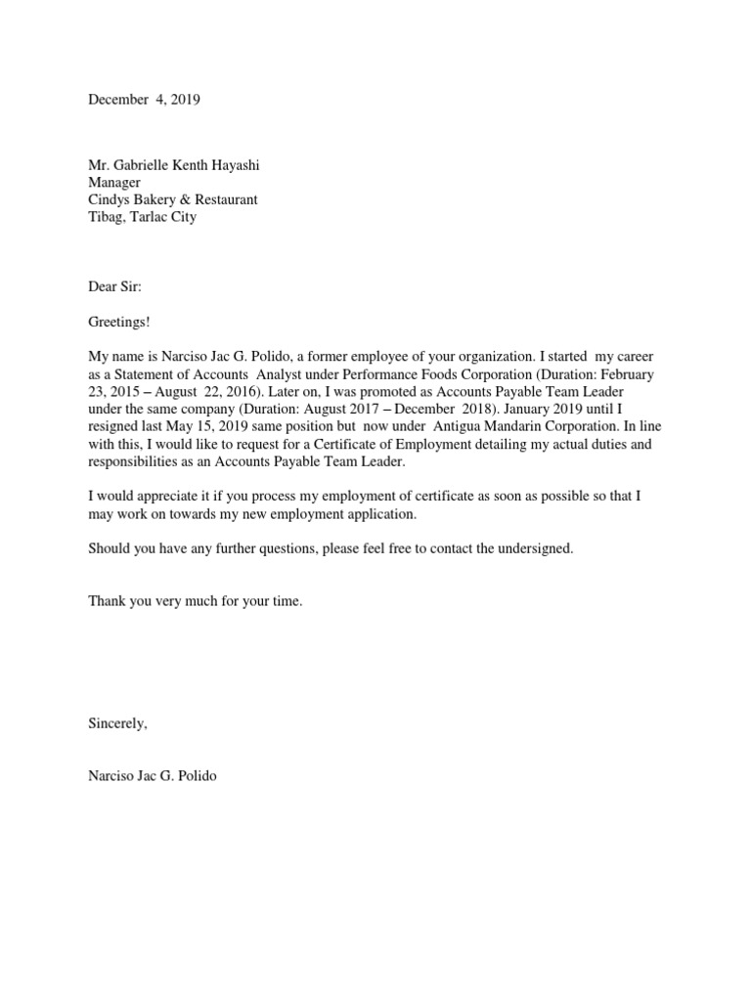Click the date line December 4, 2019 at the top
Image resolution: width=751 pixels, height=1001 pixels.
click(144, 100)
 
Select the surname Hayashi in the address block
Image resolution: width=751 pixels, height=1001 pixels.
click(234, 165)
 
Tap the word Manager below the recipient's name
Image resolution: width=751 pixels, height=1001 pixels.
click(114, 183)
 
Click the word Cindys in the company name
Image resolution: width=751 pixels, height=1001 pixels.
click(109, 199)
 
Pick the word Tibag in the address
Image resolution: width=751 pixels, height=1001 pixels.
click(106, 217)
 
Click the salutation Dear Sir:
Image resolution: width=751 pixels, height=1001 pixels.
click(114, 286)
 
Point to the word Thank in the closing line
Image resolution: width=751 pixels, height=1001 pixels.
click(107, 601)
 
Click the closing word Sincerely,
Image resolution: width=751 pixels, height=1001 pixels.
click(117, 723)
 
